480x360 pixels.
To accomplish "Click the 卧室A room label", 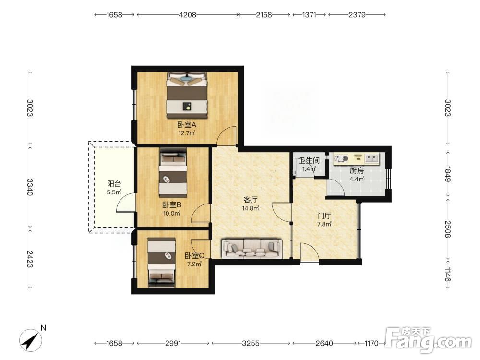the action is (187, 125).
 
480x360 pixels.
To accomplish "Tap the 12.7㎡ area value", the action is (187, 133).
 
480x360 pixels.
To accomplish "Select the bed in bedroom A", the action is (187, 95).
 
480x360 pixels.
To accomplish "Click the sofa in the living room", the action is (252, 248).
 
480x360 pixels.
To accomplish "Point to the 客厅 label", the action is (251, 200).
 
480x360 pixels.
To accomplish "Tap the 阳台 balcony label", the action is (114, 184).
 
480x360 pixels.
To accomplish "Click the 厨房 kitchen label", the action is (357, 170).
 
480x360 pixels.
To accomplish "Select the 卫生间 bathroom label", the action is (309, 160).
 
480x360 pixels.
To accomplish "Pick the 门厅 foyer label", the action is (324, 216).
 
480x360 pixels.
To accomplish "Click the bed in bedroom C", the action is (162, 263).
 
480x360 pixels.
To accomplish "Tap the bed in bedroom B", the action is (173, 173).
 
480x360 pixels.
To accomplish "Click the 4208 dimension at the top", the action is (187, 15).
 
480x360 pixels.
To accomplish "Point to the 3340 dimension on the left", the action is (30, 187).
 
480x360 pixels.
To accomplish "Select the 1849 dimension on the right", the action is (448, 174).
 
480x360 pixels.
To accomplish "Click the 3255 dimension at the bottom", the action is (251, 343).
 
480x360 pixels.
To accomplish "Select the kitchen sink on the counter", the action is (372, 158).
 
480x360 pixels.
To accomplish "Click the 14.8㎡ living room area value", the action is (251, 208).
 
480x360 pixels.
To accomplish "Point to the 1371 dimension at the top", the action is (309, 15).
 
